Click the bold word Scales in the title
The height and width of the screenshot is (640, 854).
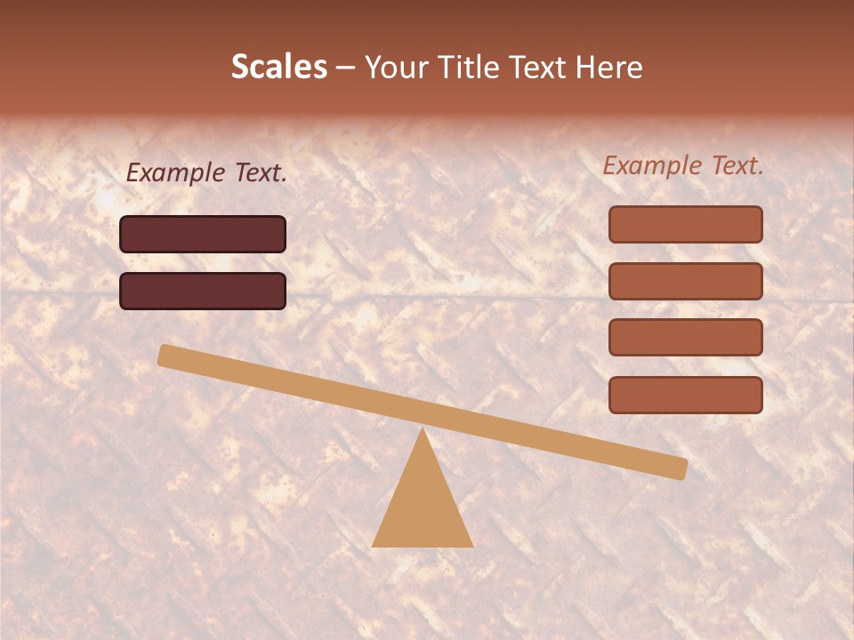pos(278,67)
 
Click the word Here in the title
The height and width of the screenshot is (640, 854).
pos(609,67)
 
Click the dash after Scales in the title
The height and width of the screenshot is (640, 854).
pos(345,68)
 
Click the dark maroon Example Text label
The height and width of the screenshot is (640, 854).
pos(206,172)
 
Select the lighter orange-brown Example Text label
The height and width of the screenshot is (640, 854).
pos(683,165)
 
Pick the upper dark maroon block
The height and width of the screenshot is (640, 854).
pos(203,234)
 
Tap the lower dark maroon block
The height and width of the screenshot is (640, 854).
pos(203,291)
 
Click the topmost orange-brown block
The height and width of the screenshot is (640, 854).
pos(685,224)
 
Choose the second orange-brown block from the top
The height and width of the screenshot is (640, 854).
pos(685,281)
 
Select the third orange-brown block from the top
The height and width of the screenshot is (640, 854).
pos(685,338)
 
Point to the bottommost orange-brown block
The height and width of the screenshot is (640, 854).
pos(685,395)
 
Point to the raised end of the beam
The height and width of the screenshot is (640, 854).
pos(166,355)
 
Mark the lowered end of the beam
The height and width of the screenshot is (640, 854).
pos(680,468)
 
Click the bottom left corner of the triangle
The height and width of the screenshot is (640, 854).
pos(374,546)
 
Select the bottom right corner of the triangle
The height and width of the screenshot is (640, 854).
pos(471,546)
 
